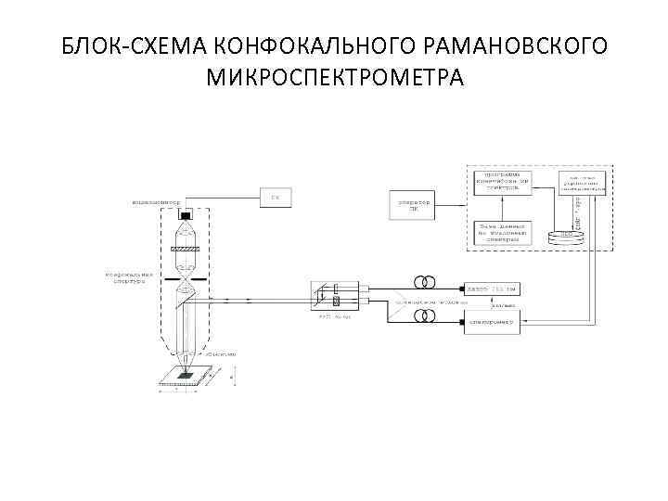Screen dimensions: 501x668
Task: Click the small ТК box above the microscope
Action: [275, 197]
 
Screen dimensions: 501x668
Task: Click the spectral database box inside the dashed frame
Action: [502, 232]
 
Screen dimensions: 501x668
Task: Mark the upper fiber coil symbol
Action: [428, 282]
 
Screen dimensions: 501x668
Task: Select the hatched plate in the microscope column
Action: [186, 247]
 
